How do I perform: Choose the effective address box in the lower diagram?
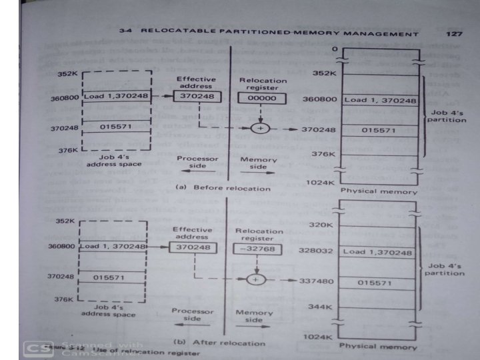pyautogui.click(x=191, y=247)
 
